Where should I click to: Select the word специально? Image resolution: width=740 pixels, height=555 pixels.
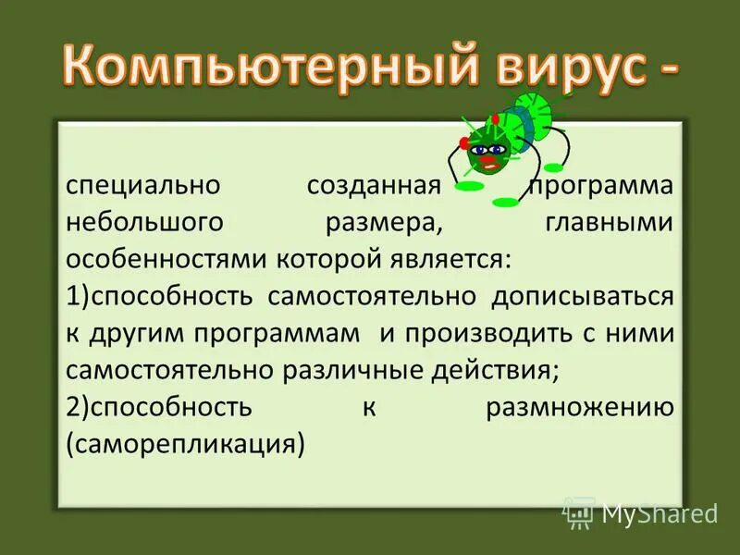[142, 184]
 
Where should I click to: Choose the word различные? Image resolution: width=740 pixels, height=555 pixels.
[361, 370]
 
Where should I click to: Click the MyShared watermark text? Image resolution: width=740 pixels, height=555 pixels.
[659, 512]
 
